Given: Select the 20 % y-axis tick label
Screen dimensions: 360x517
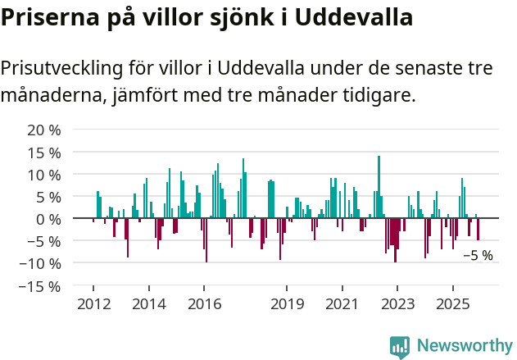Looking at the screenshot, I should click(44, 130).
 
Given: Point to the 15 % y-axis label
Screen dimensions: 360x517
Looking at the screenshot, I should click(44, 153).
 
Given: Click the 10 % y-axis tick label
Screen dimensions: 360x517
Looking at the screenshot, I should click(44, 175).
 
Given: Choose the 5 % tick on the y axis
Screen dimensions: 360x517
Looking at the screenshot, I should click(48, 197).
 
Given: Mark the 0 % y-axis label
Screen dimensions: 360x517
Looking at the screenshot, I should click(48, 219).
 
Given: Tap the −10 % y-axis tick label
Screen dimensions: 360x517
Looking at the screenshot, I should click(40, 264).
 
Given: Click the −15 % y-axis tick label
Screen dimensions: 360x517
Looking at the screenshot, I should click(40, 286).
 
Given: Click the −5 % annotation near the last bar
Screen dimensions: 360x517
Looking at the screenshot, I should click(478, 255).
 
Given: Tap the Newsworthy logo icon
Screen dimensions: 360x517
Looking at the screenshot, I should click(400, 347).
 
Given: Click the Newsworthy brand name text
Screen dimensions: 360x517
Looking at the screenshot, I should click(464, 347).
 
